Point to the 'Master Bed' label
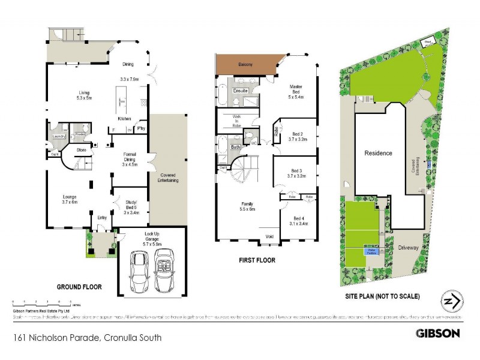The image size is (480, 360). pyautogui.click(x=296, y=93)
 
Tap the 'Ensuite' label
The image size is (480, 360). pyautogui.click(x=241, y=91)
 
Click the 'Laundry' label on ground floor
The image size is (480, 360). pyautogui.click(x=59, y=137)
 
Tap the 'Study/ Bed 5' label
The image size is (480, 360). pyautogui.click(x=131, y=206)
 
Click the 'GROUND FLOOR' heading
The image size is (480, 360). pyautogui.click(x=79, y=287)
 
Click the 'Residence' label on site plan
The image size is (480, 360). pyautogui.click(x=379, y=153)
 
